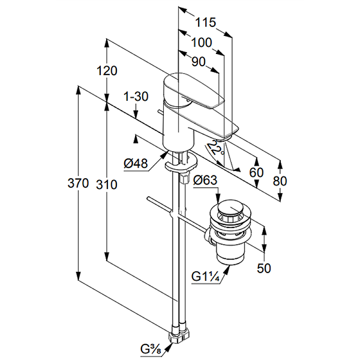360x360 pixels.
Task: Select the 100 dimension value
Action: point(201,43)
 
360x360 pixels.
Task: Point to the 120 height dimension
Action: point(107,71)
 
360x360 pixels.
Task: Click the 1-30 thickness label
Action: point(136,96)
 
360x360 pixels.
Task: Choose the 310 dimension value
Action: point(107,184)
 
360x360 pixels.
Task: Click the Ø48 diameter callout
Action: point(135,164)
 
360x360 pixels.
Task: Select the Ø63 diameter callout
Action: point(205,181)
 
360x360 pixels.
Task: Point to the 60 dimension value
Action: point(256,172)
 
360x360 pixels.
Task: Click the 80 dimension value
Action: point(279,180)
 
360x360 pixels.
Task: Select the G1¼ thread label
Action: point(205,277)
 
